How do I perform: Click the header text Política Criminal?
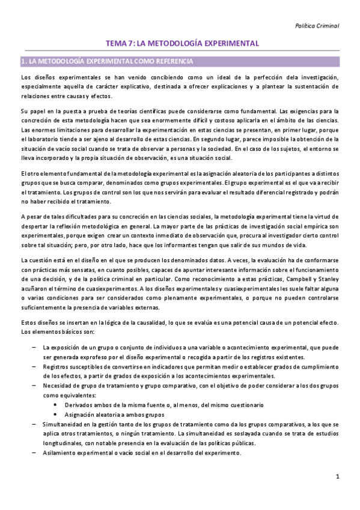(318, 26)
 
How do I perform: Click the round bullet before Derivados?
(56, 405)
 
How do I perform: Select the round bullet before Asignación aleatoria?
(56, 414)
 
